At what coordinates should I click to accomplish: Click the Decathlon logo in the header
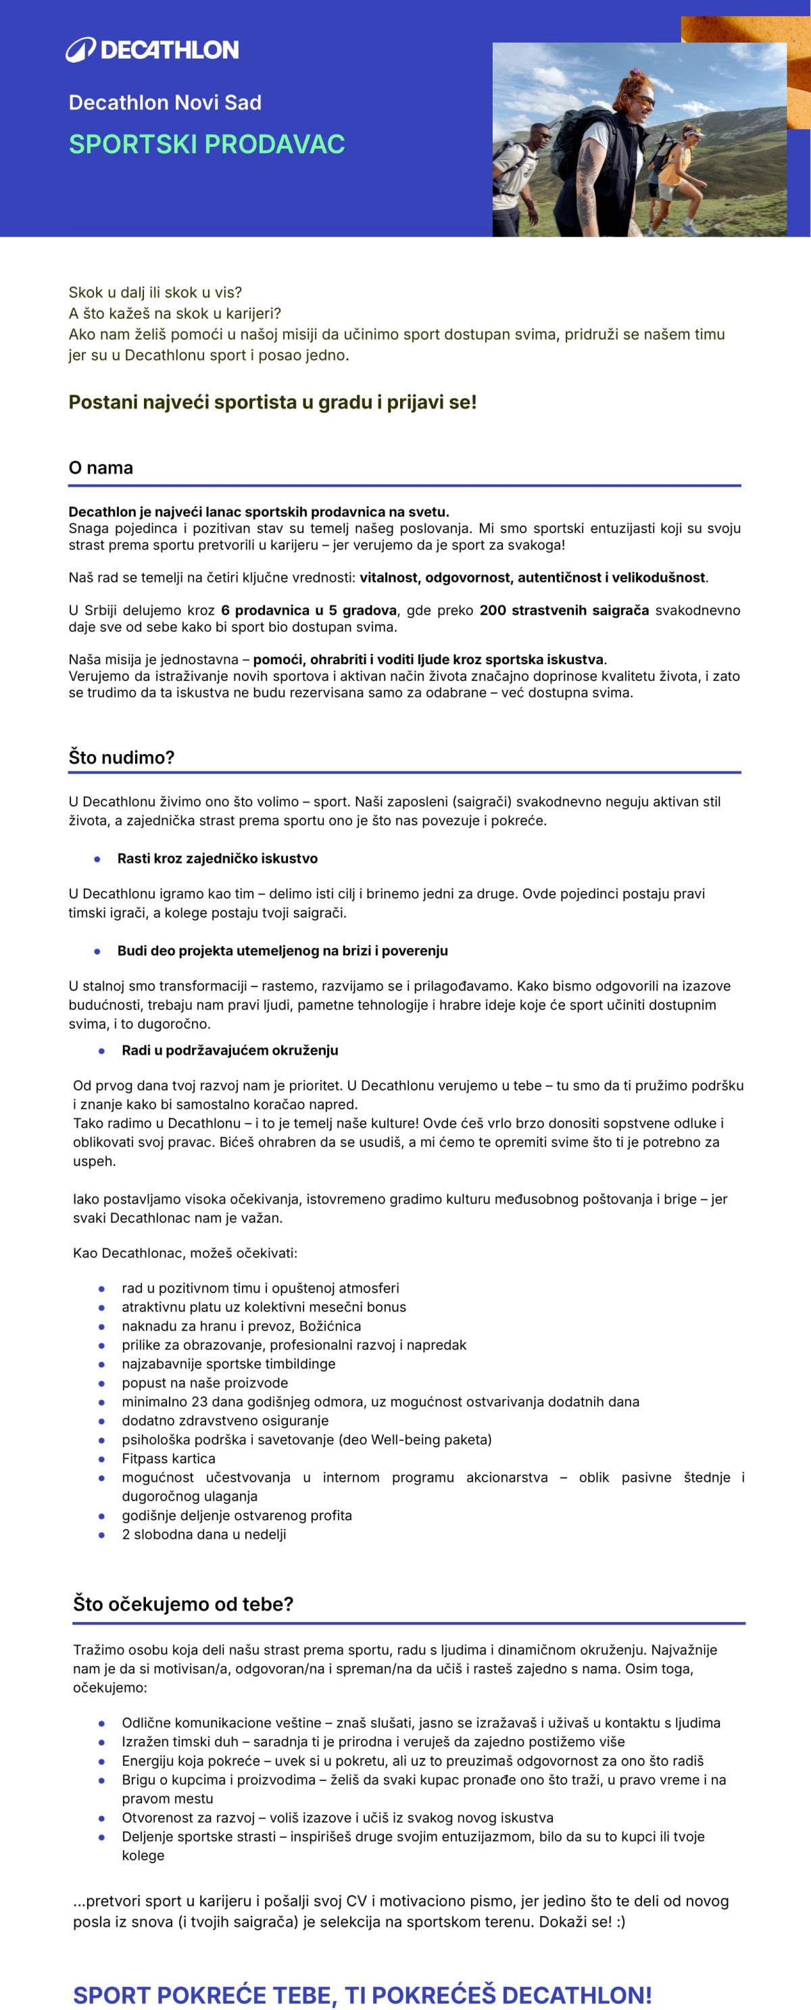pos(152,50)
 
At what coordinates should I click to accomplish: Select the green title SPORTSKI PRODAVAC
pos(206,145)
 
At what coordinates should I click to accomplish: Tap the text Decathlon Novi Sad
pos(165,102)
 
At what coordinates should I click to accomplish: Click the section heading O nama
pos(101,468)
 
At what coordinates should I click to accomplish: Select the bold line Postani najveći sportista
pos(272,403)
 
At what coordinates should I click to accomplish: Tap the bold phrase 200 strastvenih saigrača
pos(564,610)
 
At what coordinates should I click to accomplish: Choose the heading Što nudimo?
pos(121,757)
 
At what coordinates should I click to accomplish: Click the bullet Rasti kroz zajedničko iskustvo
pos(217,858)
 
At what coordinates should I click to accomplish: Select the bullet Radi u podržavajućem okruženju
pos(230,1050)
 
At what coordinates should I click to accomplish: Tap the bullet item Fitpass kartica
pos(168,1458)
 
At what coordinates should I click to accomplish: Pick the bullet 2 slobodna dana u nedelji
pos(203,1534)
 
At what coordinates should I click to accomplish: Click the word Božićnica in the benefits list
pos(329,1326)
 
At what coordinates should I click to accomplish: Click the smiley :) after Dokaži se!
pos(620,1921)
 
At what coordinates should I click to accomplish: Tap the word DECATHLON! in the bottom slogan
pos(576,1988)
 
